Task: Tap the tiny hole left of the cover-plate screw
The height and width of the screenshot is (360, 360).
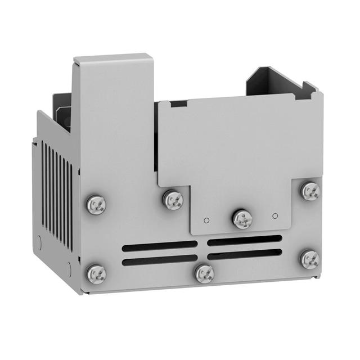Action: [x=207, y=219]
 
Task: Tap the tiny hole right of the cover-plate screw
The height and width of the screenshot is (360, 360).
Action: [x=275, y=215]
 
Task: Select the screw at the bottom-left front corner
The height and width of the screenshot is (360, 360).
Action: [x=96, y=274]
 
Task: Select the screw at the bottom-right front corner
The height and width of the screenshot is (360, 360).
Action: [x=309, y=259]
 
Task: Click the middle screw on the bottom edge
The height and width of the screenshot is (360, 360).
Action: [x=204, y=273]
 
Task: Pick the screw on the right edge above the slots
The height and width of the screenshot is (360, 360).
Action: [x=310, y=191]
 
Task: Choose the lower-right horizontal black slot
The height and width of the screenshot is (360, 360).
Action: [x=244, y=254]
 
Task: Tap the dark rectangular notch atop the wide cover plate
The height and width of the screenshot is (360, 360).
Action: [x=179, y=104]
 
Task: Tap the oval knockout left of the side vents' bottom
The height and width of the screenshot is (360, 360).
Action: [x=38, y=242]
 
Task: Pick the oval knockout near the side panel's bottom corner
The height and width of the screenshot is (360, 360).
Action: [x=69, y=269]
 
